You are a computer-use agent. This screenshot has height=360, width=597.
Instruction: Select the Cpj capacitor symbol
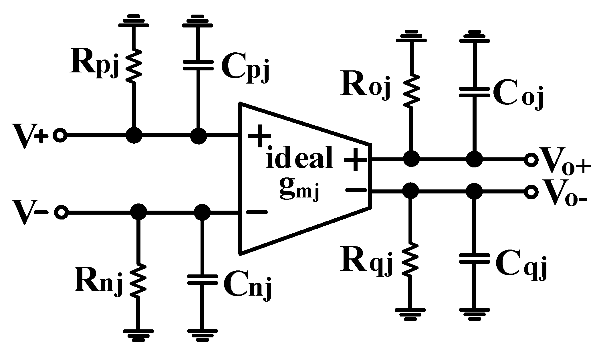[x=198, y=65]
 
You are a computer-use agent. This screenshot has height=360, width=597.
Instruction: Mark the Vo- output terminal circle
[x=531, y=191]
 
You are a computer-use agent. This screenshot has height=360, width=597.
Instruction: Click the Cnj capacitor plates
[x=203, y=280]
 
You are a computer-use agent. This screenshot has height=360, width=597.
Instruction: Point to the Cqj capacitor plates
[x=474, y=258]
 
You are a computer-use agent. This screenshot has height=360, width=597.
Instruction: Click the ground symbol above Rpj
[x=134, y=21]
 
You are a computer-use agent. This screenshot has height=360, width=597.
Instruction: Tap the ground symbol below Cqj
[x=474, y=313]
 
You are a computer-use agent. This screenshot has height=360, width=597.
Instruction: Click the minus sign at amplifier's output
[x=356, y=190]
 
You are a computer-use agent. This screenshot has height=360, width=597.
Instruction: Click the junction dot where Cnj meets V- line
[x=202, y=212]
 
